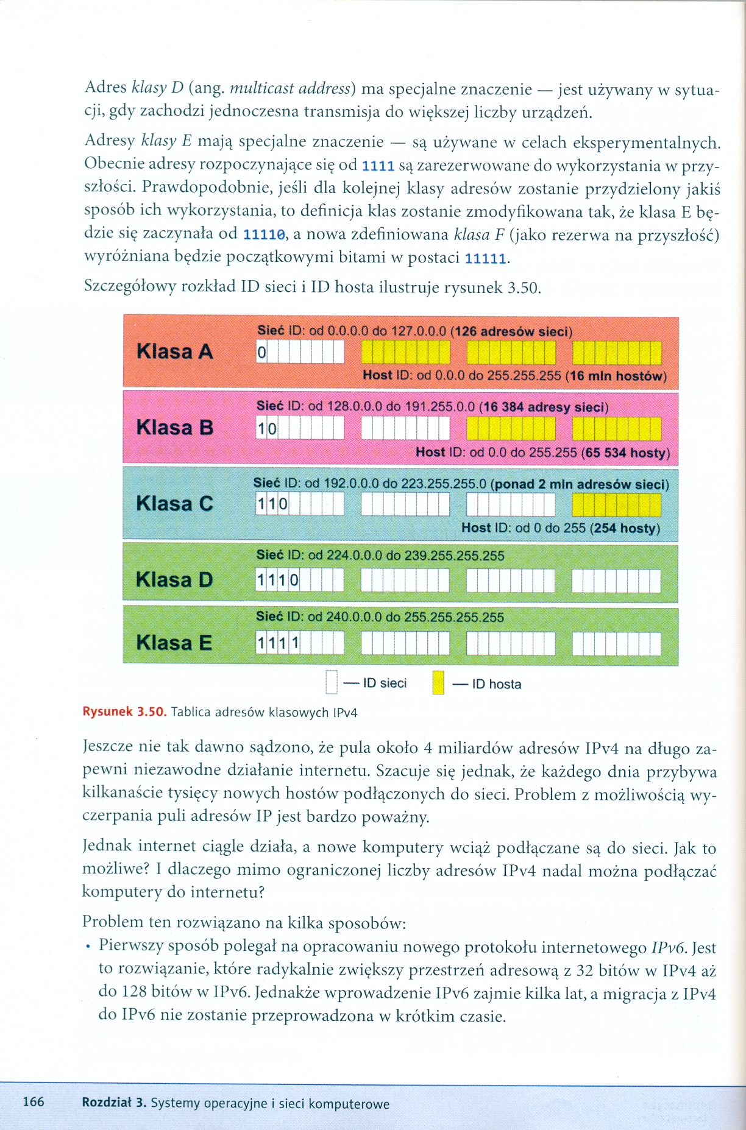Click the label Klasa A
(x=175, y=351)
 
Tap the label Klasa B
(x=175, y=428)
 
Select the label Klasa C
(x=175, y=504)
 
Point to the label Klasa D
(x=175, y=579)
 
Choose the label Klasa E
(x=174, y=643)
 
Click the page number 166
(x=34, y=1101)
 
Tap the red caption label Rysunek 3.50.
(x=124, y=712)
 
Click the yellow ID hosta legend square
(x=438, y=683)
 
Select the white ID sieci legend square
(x=332, y=682)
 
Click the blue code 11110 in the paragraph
(x=264, y=235)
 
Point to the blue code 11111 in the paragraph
(x=485, y=258)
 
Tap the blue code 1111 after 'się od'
(x=378, y=166)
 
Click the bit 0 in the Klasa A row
(x=261, y=352)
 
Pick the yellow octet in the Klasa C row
(x=616, y=505)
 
